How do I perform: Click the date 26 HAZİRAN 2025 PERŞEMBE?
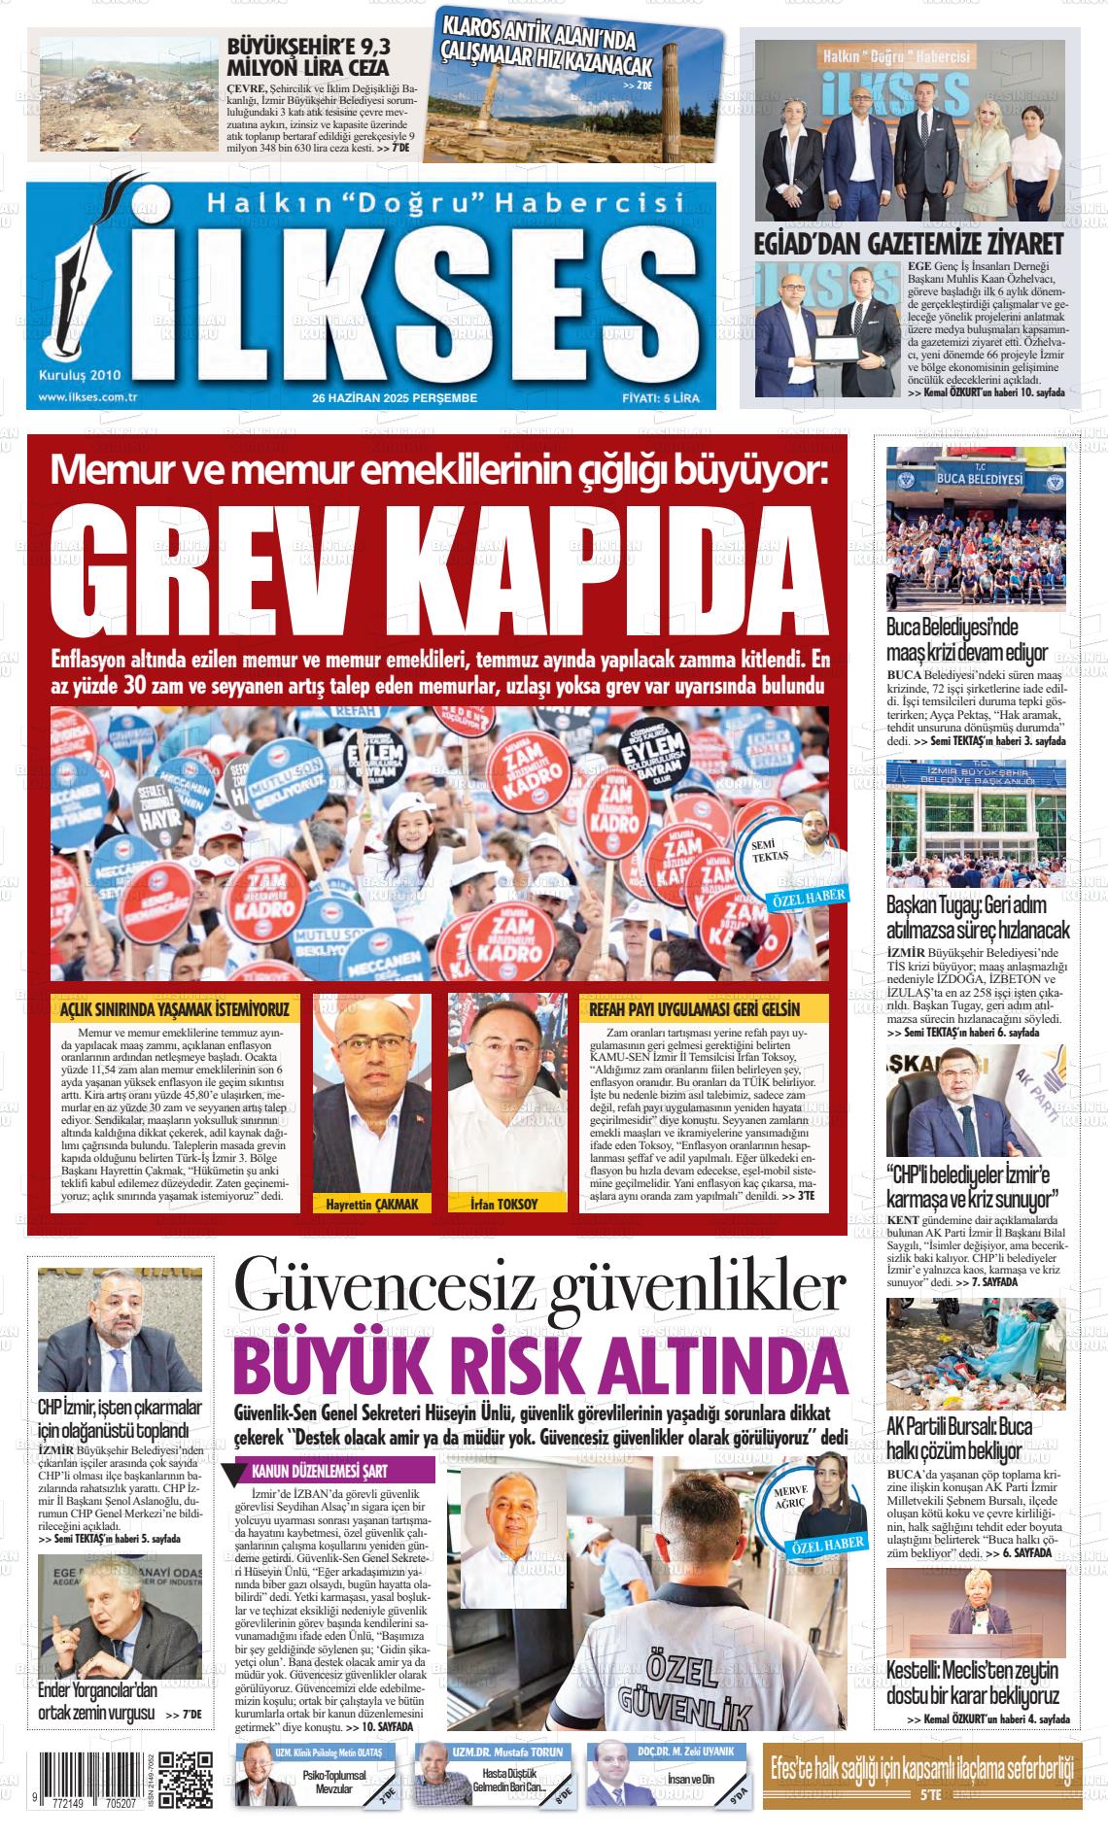[395, 398]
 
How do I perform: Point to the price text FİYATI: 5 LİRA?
[661, 398]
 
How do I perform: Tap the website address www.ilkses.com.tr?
[87, 397]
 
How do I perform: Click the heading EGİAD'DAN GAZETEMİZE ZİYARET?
[909, 243]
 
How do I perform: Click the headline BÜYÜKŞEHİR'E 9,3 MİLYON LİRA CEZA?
[307, 57]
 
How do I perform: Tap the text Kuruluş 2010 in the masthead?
[79, 374]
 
